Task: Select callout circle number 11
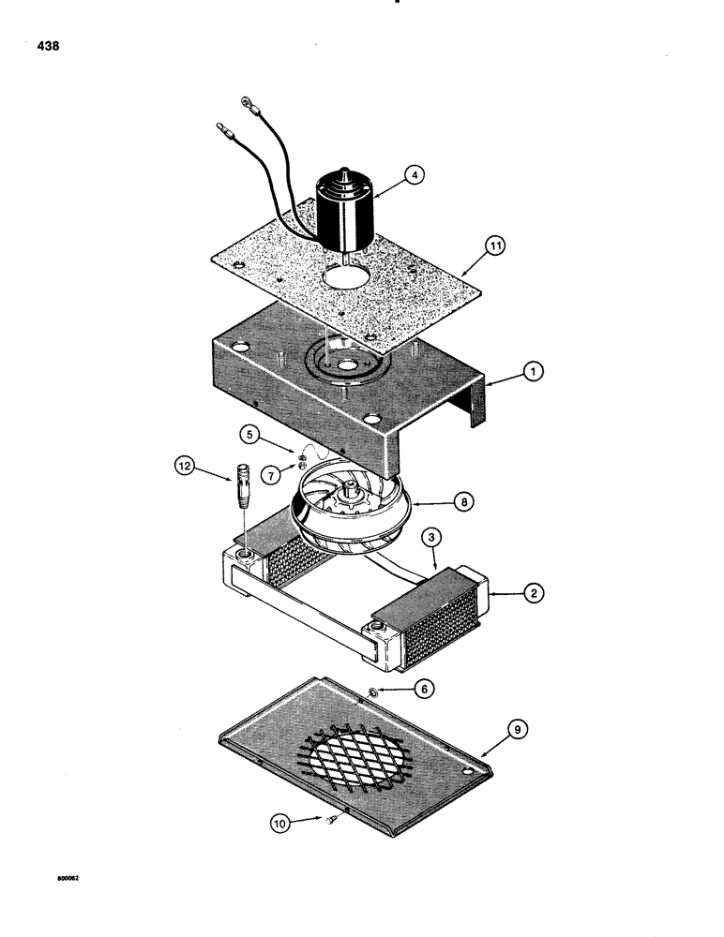[495, 246]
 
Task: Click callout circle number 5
[249, 434]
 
